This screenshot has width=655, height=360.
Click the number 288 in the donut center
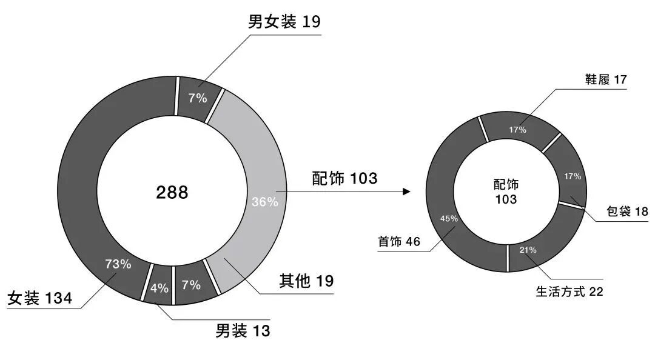[172, 193]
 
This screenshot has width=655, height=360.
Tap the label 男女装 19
[284, 22]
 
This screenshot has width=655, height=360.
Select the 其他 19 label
[306, 281]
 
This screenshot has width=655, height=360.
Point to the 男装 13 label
[243, 331]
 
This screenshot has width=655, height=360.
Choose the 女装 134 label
[40, 298]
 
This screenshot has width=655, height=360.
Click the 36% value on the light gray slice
[265, 202]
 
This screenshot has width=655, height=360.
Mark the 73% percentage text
[118, 264]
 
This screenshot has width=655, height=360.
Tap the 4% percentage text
[160, 288]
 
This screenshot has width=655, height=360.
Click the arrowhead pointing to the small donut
[406, 192]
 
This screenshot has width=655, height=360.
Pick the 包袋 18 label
[627, 212]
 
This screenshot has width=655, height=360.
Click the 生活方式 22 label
[569, 292]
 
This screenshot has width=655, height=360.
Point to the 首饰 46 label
[398, 242]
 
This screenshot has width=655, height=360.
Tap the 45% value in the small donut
[449, 219]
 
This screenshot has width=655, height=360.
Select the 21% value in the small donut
[528, 250]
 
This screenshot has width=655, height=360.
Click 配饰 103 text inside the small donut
[506, 192]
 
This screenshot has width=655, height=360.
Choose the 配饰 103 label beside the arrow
[344, 178]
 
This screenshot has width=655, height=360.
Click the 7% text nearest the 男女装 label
[198, 98]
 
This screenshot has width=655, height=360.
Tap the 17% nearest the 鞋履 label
[518, 130]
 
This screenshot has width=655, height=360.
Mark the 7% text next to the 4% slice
[191, 284]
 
